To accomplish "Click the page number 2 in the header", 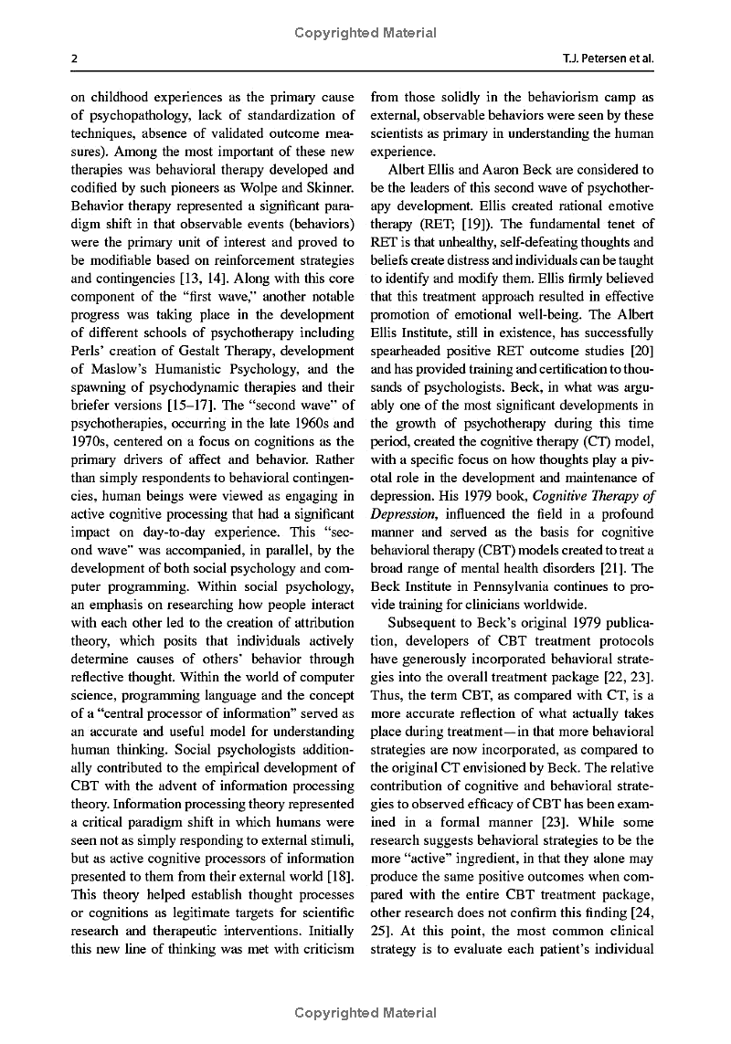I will pos(73,59).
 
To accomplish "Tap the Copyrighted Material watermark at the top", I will pos(365,33).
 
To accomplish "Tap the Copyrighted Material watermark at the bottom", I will pos(365,1012).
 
